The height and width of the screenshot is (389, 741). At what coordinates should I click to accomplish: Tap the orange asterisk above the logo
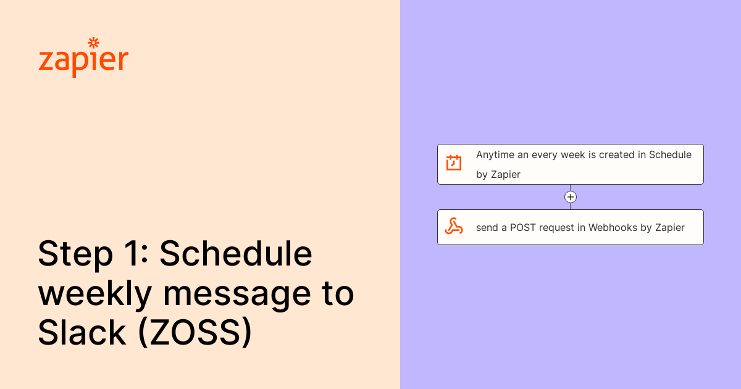93,43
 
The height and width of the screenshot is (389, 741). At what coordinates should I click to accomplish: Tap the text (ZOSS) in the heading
195,333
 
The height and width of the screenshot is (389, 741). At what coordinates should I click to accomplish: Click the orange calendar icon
454,163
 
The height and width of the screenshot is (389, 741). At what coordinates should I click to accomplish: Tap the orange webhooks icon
454,227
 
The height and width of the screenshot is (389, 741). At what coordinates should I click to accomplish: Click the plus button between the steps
571,197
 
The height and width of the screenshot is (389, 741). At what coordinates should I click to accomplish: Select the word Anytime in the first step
495,155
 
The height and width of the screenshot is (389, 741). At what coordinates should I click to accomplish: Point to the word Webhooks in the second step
613,227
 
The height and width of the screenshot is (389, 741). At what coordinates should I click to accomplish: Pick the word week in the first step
572,155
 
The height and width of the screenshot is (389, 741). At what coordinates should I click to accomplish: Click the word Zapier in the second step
670,227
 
